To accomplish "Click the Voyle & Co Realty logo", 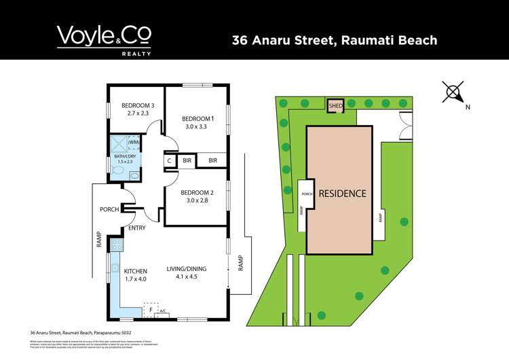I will point(104,39).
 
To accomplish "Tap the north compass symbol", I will point(453,92).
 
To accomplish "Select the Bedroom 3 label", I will point(138,109).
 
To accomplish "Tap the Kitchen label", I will point(135,275).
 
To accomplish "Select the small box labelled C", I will point(169,161).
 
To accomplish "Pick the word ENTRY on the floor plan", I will point(136,228).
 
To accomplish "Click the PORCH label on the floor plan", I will point(109,209).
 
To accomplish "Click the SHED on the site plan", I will point(335,107).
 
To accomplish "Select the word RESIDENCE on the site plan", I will point(343,194).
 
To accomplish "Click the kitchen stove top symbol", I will point(116,244).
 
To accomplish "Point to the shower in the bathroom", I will point(121,143).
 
